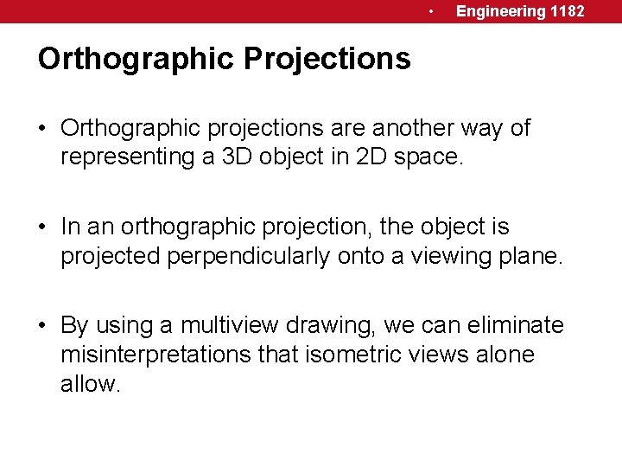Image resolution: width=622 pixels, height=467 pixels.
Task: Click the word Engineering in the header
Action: (501, 11)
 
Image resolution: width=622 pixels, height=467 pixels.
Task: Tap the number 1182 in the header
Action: (567, 11)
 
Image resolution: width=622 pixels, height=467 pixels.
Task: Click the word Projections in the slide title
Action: (327, 59)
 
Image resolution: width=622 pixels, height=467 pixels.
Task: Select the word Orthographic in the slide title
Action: (136, 59)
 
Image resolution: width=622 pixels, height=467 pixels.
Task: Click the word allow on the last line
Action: (89, 383)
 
